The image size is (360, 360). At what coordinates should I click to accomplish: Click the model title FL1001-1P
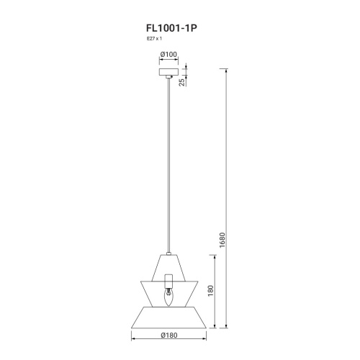(171, 28)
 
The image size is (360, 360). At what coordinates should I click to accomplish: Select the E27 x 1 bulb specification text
(154, 38)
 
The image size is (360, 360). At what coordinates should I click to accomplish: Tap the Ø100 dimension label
(169, 55)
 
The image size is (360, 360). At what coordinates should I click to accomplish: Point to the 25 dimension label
(182, 82)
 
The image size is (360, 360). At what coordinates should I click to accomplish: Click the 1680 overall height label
(222, 240)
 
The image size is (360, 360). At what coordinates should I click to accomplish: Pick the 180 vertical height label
(210, 291)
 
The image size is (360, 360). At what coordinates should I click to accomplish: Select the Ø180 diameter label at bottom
(169, 335)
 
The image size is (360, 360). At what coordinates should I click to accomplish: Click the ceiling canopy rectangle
(169, 72)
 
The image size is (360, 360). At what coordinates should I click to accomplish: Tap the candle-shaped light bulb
(168, 297)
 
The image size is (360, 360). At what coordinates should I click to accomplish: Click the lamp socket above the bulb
(168, 282)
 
